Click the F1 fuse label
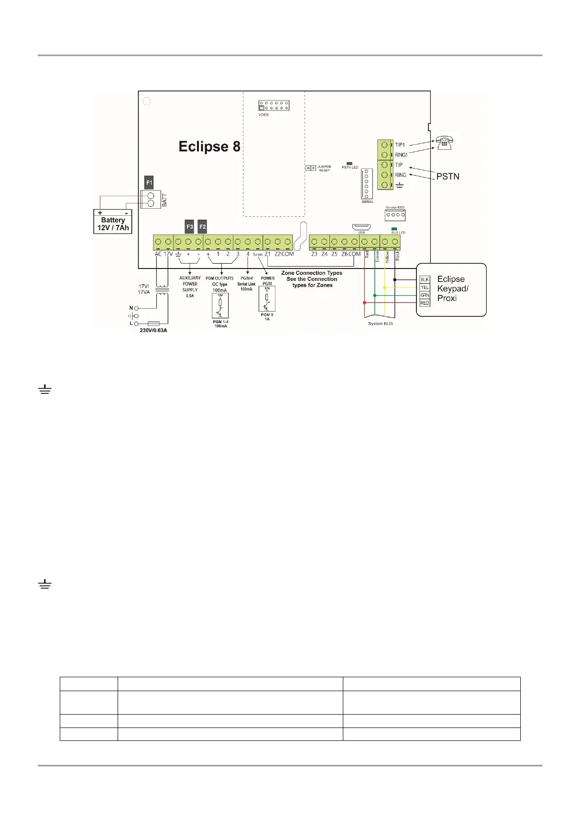pos(149,182)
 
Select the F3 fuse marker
pos(190,226)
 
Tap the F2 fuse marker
pos(202,226)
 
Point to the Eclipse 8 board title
pos(209,146)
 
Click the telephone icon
pos(444,143)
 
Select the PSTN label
pos(448,177)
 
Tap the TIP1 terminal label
pos(400,145)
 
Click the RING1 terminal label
pos(401,155)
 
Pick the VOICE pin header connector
pos(274,105)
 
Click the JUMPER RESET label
pos(324,168)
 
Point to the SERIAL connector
pos(367,183)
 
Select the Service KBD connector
pos(395,215)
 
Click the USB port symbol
pos(361,227)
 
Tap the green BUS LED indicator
pos(394,229)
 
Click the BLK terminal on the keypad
pos(425,280)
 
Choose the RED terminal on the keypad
pos(425,303)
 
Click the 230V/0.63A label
pos(153,330)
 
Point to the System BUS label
pos(381,324)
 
